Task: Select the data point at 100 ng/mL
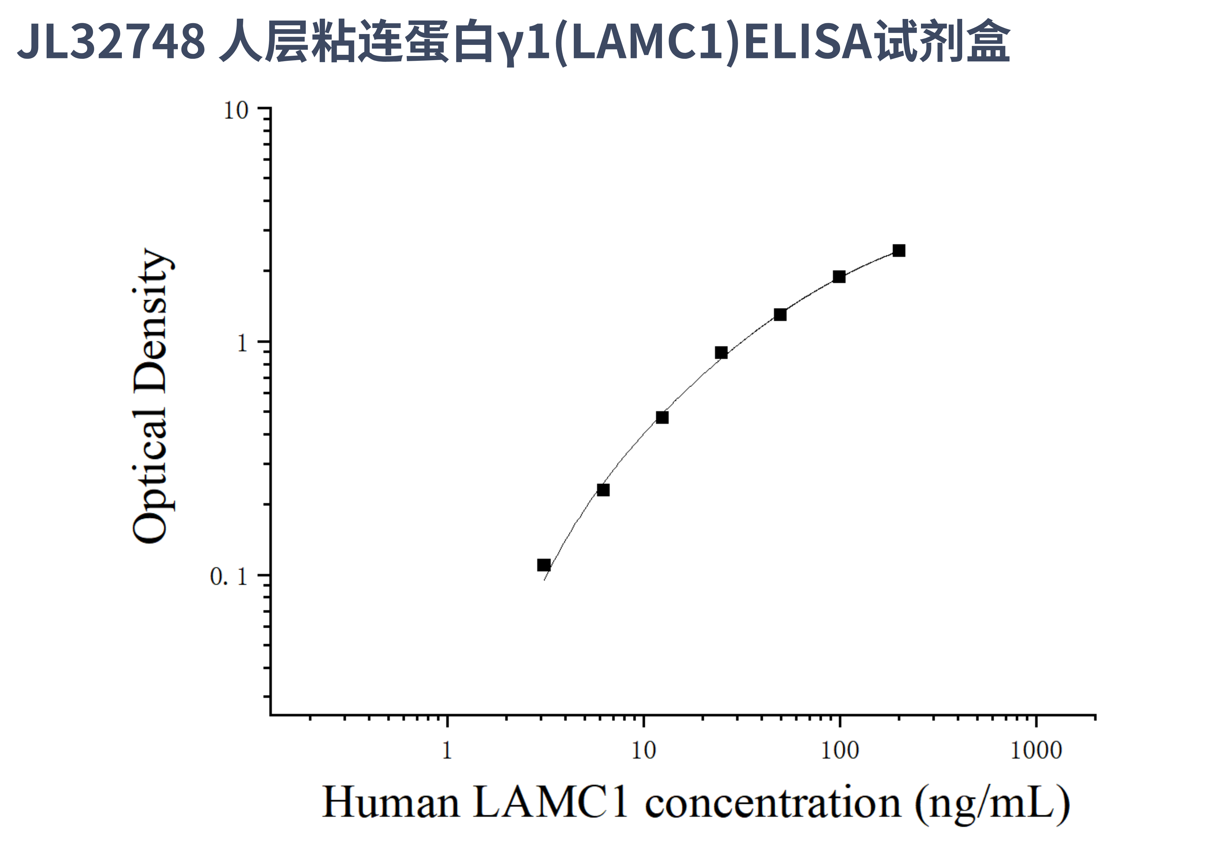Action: click(839, 277)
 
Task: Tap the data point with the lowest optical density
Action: click(544, 565)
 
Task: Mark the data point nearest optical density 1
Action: click(721, 353)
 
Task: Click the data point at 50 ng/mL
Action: click(780, 315)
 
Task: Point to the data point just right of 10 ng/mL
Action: click(663, 417)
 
